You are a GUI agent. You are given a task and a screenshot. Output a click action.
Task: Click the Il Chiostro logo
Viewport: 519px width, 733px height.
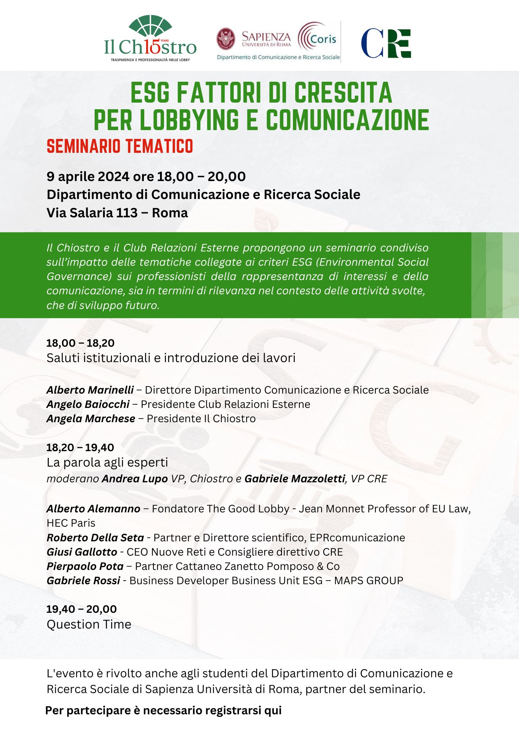(150, 39)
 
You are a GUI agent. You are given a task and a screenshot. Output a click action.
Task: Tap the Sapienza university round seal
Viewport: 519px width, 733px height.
(226, 39)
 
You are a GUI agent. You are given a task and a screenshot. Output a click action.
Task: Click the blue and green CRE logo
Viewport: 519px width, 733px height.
(386, 43)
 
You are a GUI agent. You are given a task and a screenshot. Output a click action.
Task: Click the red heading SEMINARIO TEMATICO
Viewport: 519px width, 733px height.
(120, 147)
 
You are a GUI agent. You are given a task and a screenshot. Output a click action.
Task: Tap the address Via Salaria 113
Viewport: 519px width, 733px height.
(92, 213)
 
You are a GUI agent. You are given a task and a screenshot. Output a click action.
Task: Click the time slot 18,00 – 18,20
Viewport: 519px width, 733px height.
(80, 343)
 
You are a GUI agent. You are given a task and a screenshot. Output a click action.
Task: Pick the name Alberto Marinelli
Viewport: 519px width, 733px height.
(90, 390)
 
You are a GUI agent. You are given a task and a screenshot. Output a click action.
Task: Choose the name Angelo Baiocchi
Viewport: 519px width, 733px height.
(88, 404)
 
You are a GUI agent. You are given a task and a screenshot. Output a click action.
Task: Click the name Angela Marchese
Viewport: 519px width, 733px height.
(91, 419)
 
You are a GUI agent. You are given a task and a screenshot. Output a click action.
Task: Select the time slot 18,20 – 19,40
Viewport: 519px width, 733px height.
(80, 447)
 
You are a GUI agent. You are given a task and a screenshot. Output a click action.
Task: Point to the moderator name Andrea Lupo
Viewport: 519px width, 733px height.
(135, 479)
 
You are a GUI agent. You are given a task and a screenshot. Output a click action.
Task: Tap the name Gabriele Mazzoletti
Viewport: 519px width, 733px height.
(295, 479)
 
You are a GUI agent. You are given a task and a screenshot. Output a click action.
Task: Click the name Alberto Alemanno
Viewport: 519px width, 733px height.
(93, 509)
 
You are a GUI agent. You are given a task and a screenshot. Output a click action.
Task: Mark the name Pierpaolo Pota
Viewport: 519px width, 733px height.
(85, 566)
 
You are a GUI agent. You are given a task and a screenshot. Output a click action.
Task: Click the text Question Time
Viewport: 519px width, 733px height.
(89, 624)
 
